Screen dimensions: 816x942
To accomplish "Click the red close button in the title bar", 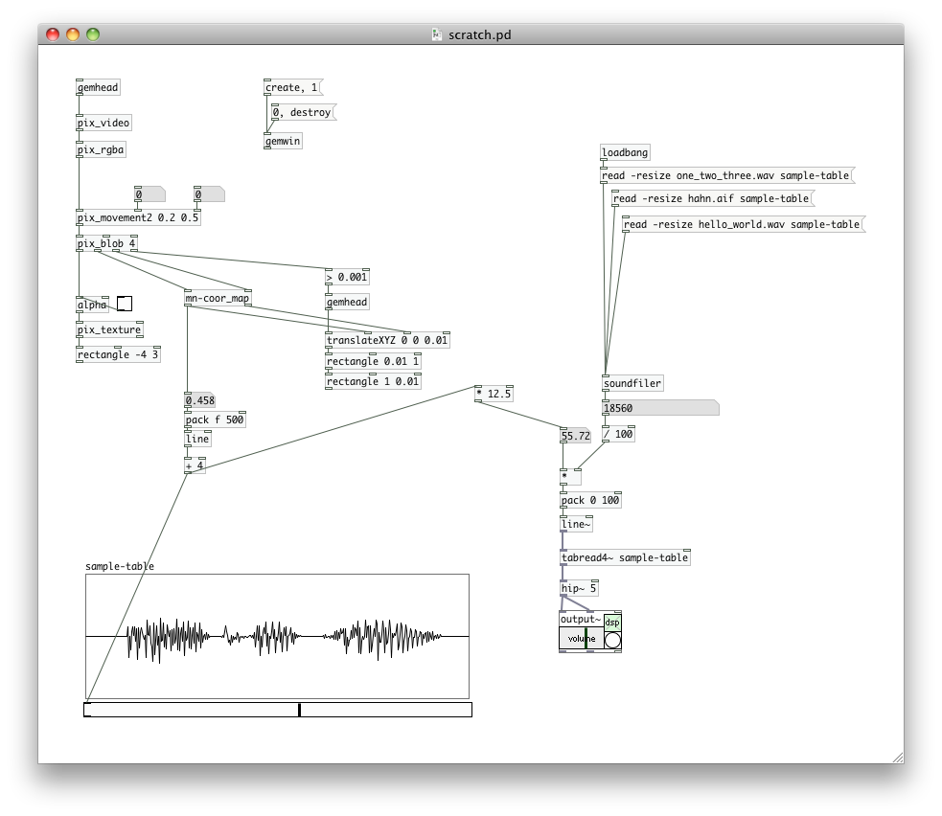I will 53,34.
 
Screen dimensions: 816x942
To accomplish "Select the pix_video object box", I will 103,124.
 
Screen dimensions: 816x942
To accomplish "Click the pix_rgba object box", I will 101,149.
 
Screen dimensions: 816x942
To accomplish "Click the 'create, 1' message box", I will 291,88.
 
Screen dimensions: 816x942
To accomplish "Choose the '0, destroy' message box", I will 302,113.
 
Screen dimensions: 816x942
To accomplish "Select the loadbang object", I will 625,152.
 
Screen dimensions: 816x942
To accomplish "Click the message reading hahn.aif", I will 710,199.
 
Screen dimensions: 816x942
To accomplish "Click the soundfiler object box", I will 632,384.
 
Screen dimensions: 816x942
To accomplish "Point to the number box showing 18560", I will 658,408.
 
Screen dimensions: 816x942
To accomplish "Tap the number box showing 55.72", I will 576,436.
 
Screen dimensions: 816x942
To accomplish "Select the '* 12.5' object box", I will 494,394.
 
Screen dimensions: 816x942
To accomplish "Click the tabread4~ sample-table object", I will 625,557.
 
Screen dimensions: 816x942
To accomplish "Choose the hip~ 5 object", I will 580,588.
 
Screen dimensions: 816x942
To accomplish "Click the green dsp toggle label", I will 612,622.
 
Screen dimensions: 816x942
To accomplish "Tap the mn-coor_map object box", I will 217,299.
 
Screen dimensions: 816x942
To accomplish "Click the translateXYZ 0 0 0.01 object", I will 387,340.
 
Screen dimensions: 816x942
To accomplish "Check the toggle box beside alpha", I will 125,305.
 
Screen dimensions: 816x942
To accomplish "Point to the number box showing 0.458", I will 199,400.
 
